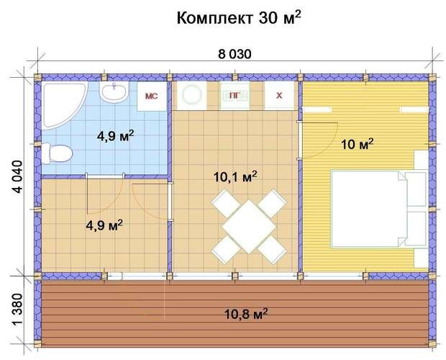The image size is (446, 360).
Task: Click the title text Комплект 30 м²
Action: [238, 18]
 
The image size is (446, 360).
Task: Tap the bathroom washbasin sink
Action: [114, 93]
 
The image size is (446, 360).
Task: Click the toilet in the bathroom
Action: [56, 153]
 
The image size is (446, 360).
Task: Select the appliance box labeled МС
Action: [153, 96]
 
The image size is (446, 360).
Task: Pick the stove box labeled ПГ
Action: [234, 95]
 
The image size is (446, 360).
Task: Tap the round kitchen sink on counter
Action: [192, 95]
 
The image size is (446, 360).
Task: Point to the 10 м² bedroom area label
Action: [357, 145]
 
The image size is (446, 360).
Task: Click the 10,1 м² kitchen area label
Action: [236, 175]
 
